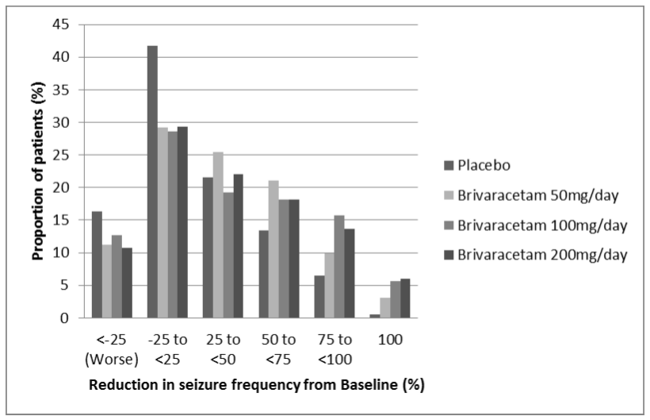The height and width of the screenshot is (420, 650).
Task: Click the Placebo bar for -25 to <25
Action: click(152, 182)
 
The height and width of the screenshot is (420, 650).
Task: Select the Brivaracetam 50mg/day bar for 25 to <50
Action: click(219, 235)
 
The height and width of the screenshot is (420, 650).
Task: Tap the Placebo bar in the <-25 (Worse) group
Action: click(97, 265)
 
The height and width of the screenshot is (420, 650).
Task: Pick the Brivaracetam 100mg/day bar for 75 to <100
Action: click(339, 267)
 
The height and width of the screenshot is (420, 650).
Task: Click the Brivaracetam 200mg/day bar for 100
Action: click(405, 299)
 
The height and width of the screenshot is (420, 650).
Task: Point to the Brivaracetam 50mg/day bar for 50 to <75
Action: click(273, 249)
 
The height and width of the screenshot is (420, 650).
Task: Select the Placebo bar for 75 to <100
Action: click(319, 297)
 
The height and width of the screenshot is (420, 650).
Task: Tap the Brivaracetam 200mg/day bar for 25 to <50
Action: click(239, 246)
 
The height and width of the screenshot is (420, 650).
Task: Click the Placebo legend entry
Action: click(477, 166)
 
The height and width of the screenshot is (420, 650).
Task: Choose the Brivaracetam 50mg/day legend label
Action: click(538, 195)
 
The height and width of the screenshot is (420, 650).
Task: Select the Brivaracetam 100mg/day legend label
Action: click(542, 225)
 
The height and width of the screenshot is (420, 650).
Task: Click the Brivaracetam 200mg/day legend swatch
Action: click(449, 255)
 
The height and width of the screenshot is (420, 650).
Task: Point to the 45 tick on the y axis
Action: click(60, 25)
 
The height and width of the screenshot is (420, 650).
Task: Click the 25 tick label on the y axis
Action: click(60, 155)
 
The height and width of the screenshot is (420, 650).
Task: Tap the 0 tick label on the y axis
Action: click(64, 318)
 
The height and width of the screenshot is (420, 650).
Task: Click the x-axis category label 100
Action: click(390, 340)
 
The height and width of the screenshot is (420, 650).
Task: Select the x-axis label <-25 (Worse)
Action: click(112, 349)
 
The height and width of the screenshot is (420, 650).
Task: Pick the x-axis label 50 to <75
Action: click(278, 349)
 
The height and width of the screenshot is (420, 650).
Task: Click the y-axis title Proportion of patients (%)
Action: click(38, 171)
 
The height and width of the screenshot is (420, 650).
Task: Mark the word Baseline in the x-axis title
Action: click(369, 385)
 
